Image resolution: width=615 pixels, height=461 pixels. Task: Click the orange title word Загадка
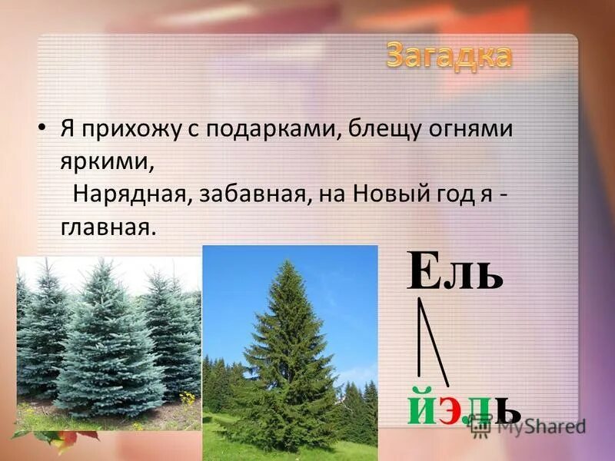click(448, 55)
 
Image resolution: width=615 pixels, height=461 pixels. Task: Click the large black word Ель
click(455, 271)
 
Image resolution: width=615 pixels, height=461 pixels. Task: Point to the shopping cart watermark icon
click(481, 426)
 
